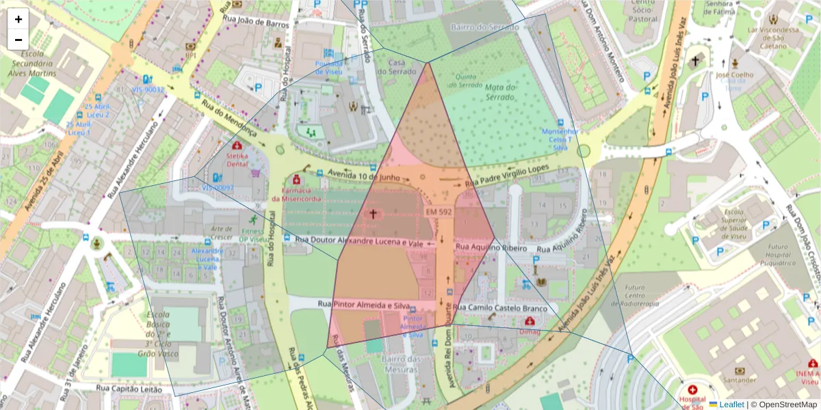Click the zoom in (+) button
18,19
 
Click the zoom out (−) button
18,40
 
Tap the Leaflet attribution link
731,405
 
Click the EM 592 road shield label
439,213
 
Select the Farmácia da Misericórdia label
296,194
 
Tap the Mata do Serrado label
499,92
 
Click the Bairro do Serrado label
481,26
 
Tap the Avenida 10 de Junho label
363,175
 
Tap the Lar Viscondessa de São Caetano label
773,38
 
